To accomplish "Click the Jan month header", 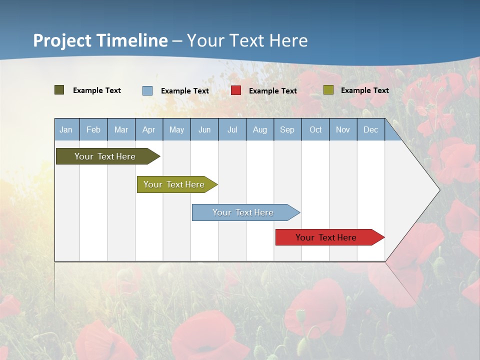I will coord(66,130).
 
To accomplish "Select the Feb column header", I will coord(93,130).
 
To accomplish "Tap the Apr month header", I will coord(148,130).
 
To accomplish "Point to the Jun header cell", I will coord(204,130).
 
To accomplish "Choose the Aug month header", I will coord(259,130).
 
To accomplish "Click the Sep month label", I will coord(287,130).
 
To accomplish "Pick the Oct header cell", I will coord(315,130).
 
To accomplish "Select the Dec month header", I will coord(370,130).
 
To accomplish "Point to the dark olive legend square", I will coord(59,90).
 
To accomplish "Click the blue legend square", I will coord(147,90).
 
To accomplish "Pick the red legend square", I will coord(236,90).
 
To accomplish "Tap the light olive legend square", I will coord(328,90).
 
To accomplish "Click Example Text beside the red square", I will coord(272,91).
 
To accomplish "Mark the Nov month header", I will coord(343,130).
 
